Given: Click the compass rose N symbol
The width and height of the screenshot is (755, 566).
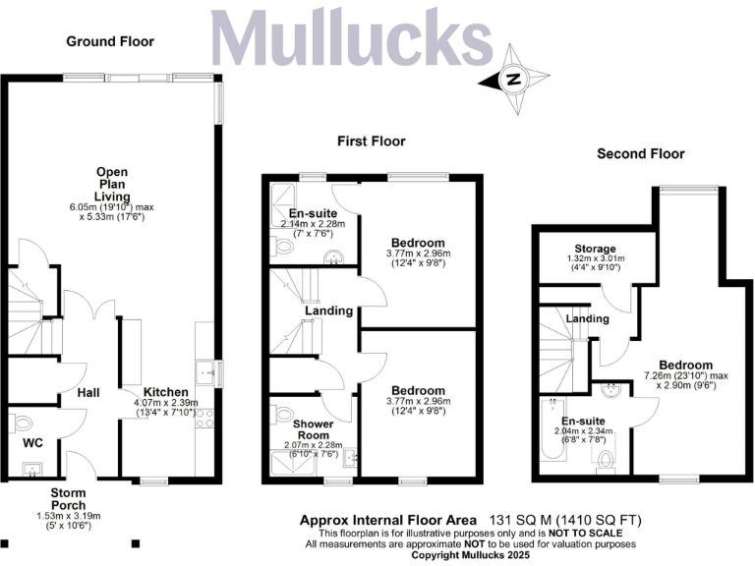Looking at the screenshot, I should click(x=513, y=80).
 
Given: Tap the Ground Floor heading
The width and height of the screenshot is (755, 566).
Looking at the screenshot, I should click(x=110, y=41).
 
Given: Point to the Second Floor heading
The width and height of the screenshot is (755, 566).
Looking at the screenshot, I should click(x=640, y=154).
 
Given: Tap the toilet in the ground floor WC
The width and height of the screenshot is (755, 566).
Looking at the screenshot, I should click(x=23, y=424).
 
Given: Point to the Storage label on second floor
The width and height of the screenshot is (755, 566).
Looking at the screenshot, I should click(x=596, y=249).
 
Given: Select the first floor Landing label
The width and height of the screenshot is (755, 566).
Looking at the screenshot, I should click(x=328, y=311).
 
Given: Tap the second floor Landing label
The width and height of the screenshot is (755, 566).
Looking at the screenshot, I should click(x=588, y=318).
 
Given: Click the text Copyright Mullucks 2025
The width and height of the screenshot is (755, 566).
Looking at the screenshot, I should click(x=471, y=554).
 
